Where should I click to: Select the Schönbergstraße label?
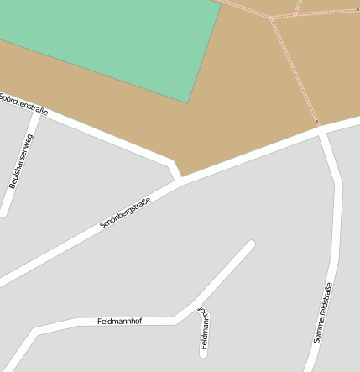(125, 213)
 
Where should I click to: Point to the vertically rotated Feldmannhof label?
(204, 328)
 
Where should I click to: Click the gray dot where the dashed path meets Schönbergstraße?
(316, 122)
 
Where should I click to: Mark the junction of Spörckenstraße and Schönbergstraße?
(179, 180)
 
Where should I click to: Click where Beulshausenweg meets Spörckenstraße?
(36, 115)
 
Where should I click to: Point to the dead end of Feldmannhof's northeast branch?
(250, 244)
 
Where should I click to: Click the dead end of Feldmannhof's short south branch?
(203, 353)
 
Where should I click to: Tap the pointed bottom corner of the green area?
(188, 102)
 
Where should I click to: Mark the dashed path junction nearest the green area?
(271, 18)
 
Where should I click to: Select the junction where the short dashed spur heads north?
(296, 13)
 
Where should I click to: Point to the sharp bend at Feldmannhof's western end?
(36, 331)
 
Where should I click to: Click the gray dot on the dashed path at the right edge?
(357, 9)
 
